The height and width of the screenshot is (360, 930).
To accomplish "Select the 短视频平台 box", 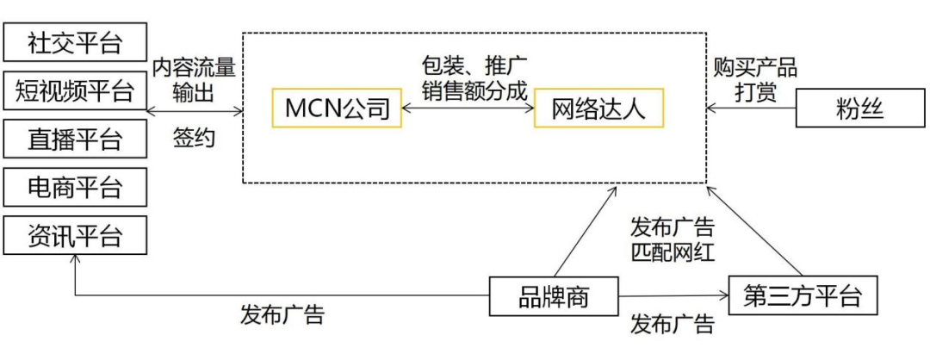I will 75,90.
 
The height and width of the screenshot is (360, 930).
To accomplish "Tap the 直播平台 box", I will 75,139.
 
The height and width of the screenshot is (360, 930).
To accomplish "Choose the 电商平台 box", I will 75,187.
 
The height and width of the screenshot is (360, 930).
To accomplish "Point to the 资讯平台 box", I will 75,235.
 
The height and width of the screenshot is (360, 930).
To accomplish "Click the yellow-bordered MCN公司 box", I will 337,109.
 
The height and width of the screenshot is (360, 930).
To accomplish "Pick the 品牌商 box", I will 553,297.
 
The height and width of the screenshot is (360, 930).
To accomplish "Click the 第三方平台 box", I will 802,297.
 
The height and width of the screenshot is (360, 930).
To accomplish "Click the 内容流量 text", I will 194,68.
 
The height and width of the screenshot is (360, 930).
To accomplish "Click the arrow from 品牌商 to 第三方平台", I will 672,297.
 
